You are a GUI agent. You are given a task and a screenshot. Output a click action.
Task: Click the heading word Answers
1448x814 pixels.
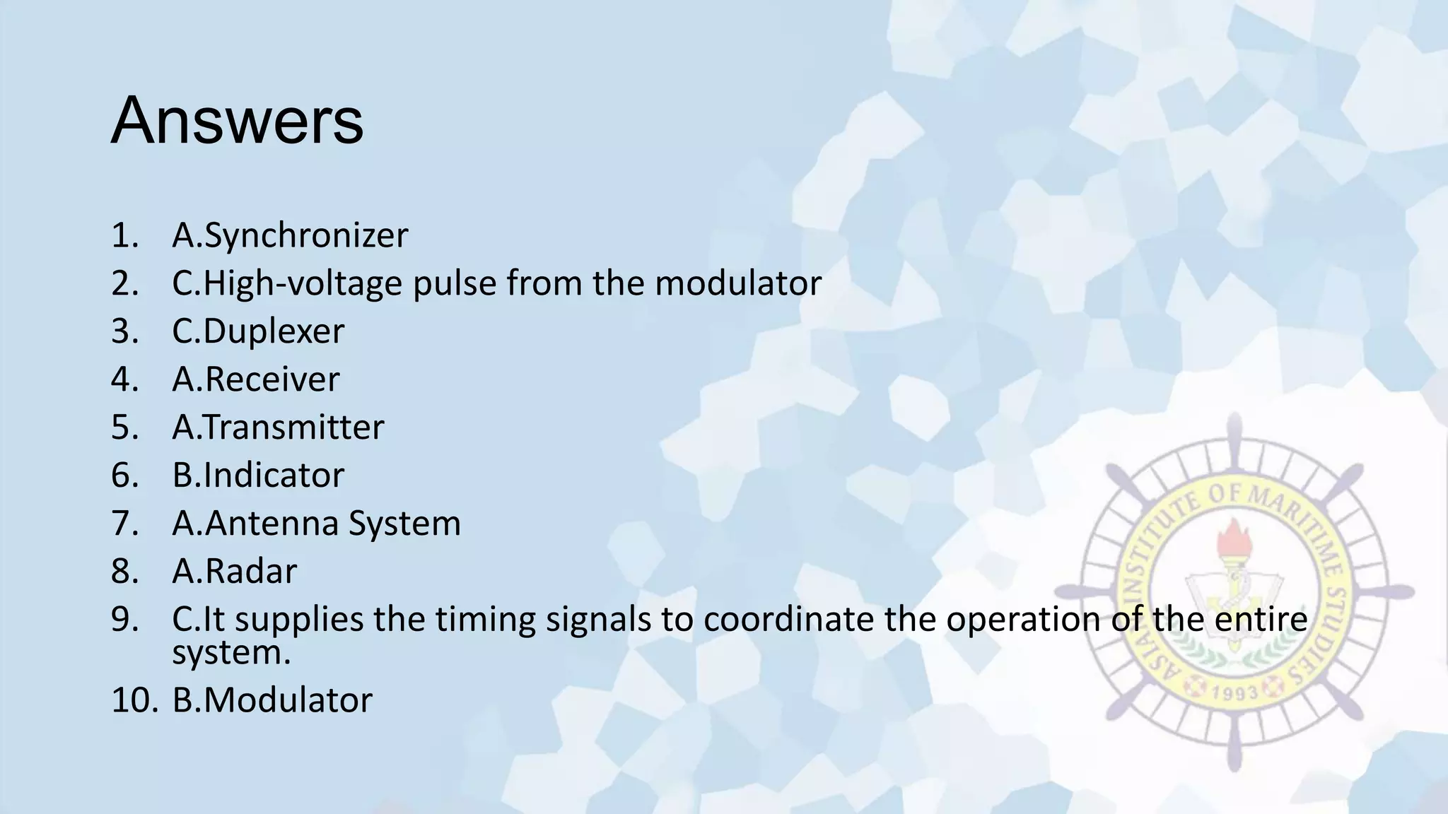[237, 121]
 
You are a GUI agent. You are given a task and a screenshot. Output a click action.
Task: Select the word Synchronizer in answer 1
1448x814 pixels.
[305, 235]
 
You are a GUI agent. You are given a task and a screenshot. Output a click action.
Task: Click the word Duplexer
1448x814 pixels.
[274, 331]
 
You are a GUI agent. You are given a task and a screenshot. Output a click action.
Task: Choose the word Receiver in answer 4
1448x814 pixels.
[272, 379]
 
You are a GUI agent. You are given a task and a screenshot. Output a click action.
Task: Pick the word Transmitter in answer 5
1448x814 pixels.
[293, 427]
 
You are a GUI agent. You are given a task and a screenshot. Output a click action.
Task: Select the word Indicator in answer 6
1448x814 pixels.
[274, 475]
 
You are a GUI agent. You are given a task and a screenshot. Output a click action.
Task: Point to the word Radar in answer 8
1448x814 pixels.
[251, 571]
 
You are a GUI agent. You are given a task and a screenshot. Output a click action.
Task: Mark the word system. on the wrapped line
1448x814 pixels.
[231, 652]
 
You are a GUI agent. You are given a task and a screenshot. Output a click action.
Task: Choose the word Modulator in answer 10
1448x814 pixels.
[288, 700]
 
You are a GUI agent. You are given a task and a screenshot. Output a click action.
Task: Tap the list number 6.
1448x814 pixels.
[124, 475]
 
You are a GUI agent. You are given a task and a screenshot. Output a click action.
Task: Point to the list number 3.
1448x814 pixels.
[124, 331]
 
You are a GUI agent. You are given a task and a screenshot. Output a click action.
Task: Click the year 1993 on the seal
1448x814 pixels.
[1235, 692]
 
